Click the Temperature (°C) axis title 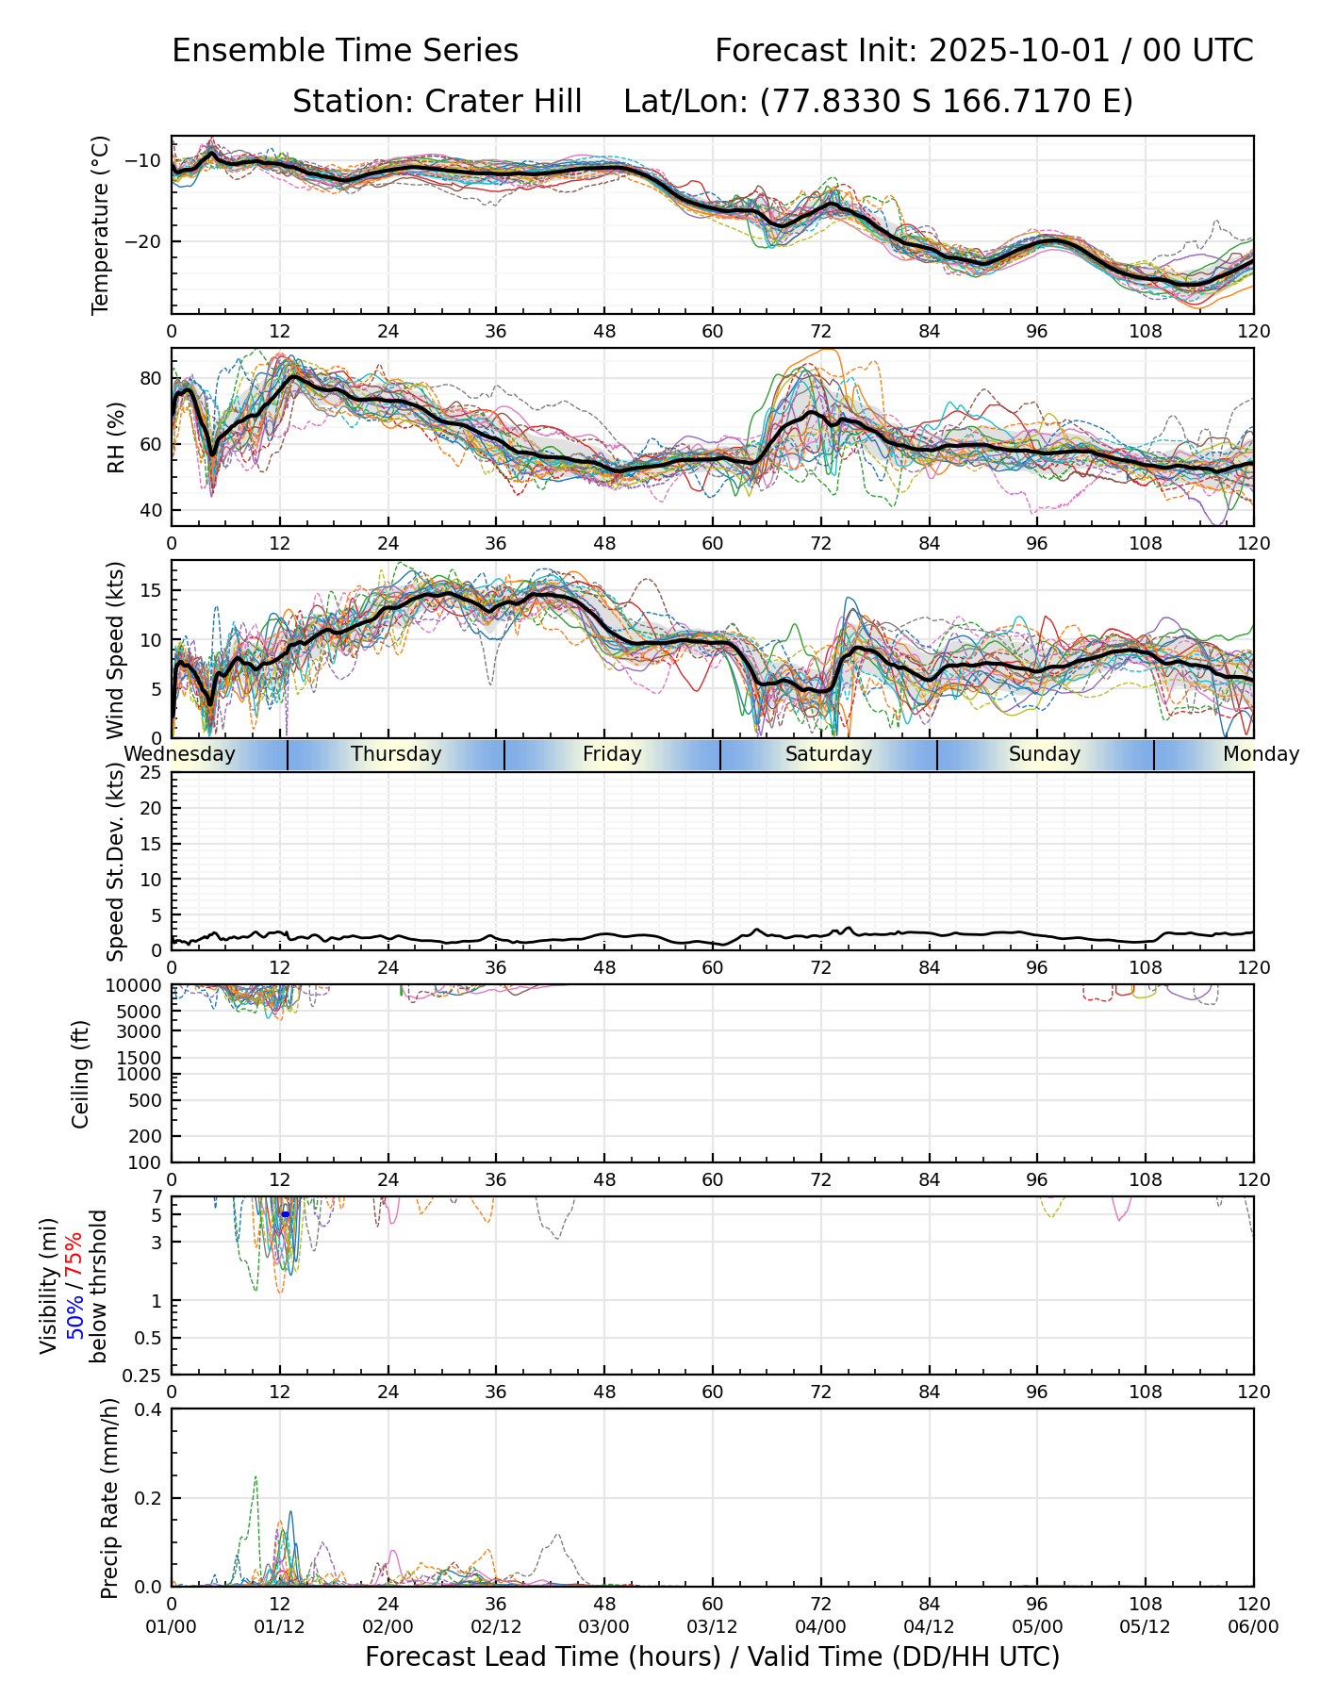click(101, 224)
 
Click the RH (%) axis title click(116, 437)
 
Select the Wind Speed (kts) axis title click(116, 650)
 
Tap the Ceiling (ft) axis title click(81, 1074)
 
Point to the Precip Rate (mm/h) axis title click(110, 1498)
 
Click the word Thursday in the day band click(396, 754)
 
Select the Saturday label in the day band click(829, 754)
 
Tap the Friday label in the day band click(612, 754)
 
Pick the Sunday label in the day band click(1045, 754)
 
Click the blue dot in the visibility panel click(286, 1214)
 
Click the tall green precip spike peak click(256, 1477)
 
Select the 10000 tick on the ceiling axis click(137, 985)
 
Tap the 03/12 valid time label click(713, 1626)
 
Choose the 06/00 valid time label click(1253, 1626)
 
